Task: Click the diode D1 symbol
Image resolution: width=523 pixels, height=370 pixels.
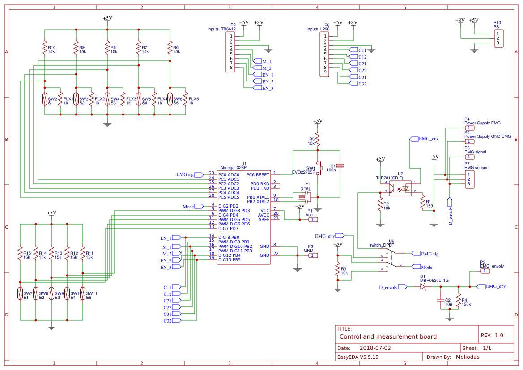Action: click(x=422, y=287)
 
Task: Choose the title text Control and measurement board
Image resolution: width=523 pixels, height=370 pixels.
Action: click(x=388, y=336)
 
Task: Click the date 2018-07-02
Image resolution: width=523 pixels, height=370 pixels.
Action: click(x=375, y=348)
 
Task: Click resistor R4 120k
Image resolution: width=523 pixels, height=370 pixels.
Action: click(x=458, y=300)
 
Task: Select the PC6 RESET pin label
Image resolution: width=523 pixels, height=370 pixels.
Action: click(x=258, y=174)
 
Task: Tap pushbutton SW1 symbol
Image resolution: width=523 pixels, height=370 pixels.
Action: click(x=318, y=169)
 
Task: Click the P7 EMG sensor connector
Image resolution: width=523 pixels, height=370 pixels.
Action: click(x=469, y=179)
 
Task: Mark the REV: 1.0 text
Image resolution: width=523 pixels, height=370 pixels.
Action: click(x=492, y=335)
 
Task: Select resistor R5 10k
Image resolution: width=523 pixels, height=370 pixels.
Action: click(x=318, y=140)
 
